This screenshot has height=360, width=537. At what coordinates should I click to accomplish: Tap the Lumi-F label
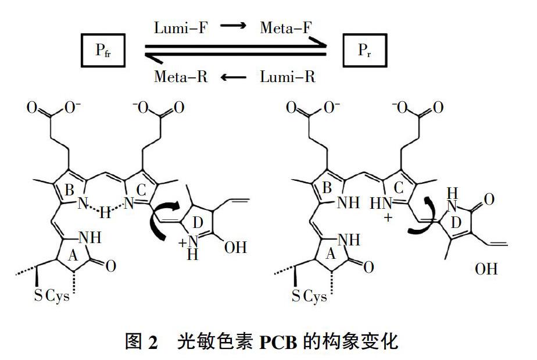point(180,27)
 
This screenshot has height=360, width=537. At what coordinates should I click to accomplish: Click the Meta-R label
point(181,76)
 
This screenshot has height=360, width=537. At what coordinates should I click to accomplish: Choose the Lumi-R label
point(288,76)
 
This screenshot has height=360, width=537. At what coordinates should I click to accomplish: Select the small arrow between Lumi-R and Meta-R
point(234,77)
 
